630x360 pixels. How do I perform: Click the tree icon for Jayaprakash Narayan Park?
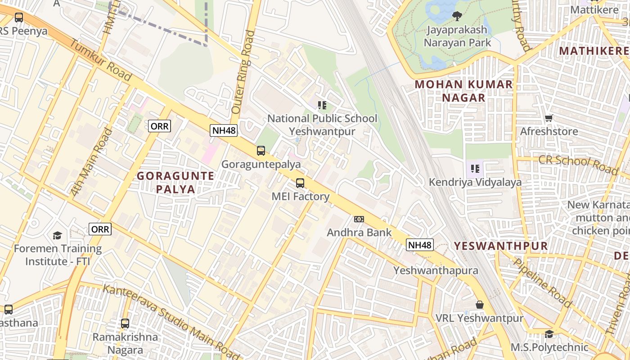click(x=457, y=17)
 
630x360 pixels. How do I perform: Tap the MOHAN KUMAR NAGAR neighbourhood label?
click(x=463, y=91)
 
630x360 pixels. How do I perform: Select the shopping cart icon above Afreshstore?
click(x=549, y=118)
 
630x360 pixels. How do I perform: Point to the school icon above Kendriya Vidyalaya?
click(x=475, y=169)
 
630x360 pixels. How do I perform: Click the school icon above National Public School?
click(x=322, y=105)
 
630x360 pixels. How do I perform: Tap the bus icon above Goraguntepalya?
click(x=261, y=151)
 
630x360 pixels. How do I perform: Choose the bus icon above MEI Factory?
click(x=300, y=183)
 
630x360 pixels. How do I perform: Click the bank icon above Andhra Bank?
click(x=359, y=219)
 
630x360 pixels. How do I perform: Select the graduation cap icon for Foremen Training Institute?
click(x=57, y=235)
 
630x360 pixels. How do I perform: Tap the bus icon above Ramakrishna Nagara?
click(x=125, y=324)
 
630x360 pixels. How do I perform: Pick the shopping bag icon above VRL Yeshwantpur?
click(x=480, y=305)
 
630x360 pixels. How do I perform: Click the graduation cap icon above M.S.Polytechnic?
click(x=549, y=334)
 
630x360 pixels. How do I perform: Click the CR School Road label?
click(x=578, y=164)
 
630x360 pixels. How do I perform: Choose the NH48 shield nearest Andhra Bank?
click(x=419, y=245)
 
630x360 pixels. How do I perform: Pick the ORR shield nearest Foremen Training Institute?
click(x=100, y=229)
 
